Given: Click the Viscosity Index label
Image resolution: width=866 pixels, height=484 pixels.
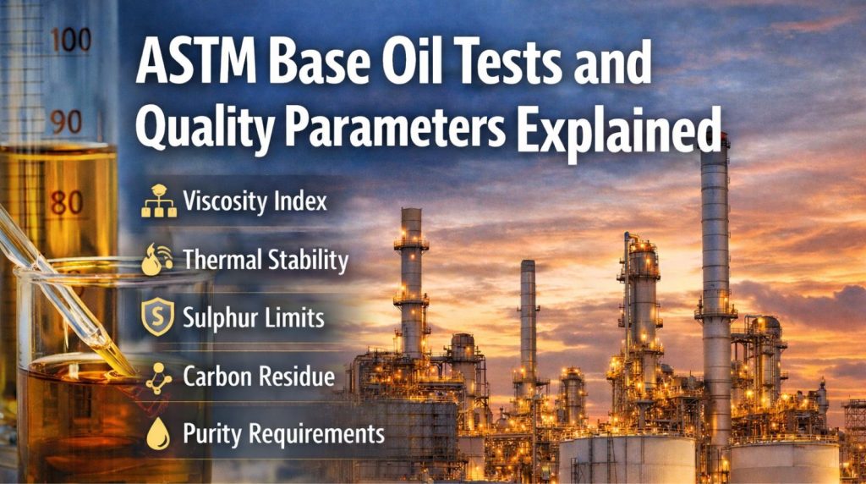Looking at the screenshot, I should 255,203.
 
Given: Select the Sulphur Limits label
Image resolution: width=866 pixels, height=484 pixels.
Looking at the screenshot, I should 254,318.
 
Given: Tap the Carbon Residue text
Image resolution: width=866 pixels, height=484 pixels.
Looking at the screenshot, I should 259,377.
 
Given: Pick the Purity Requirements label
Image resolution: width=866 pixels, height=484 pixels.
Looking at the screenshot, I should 283,434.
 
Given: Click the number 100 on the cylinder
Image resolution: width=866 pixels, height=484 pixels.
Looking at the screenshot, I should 69,41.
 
